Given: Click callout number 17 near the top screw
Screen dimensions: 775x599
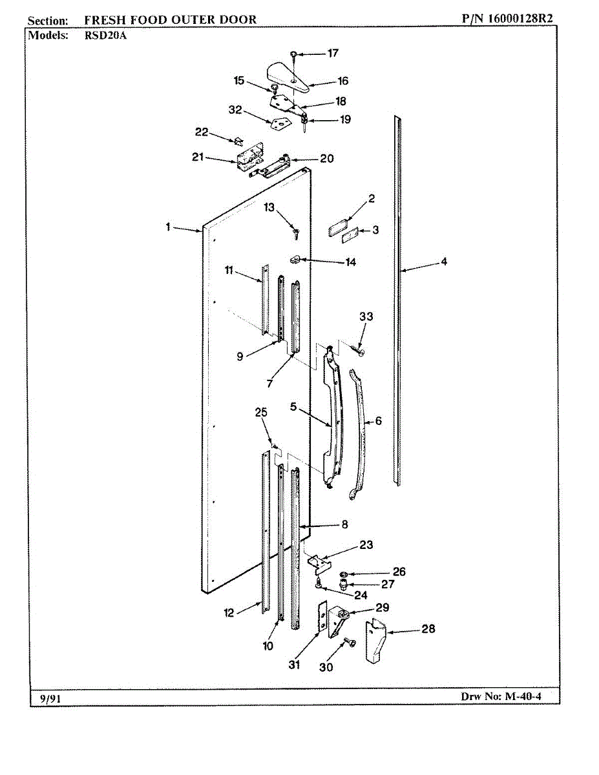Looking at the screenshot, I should click(332, 54).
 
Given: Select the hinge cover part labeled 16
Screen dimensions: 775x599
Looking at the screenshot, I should click(285, 74).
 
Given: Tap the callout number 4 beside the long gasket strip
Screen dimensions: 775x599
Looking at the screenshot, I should click(444, 262).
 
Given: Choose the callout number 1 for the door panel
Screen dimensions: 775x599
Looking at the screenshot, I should click(167, 227).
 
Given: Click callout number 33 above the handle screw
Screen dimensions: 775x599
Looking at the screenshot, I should click(366, 316).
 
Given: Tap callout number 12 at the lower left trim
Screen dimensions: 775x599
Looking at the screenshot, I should click(229, 613).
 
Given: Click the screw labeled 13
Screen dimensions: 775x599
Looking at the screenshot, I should click(296, 229).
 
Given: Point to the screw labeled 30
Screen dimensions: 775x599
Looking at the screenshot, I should click(348, 643).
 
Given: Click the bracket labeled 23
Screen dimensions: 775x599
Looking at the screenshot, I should click(319, 563).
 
